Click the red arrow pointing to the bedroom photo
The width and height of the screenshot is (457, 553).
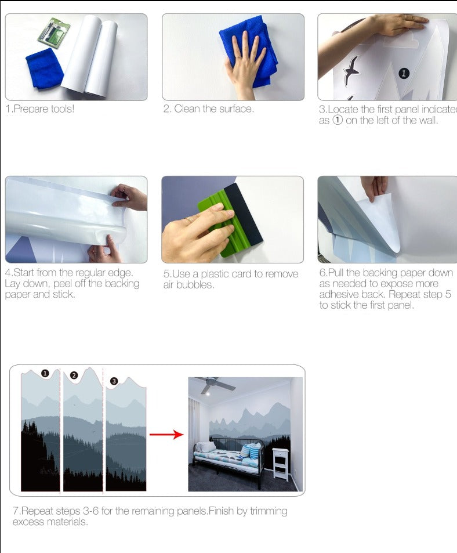(166, 434)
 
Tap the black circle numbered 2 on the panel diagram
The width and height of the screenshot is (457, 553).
(74, 375)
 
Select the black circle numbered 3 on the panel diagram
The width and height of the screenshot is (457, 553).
(114, 381)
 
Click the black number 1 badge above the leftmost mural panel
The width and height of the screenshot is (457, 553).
(45, 373)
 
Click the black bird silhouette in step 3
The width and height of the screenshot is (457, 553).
(351, 69)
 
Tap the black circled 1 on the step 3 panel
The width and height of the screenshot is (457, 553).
(404, 73)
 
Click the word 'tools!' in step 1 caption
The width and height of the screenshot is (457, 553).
(63, 109)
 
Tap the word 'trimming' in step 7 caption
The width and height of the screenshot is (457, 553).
(269, 511)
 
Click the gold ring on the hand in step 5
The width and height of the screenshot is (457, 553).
(190, 220)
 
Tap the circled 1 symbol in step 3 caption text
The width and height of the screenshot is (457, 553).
(338, 120)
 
